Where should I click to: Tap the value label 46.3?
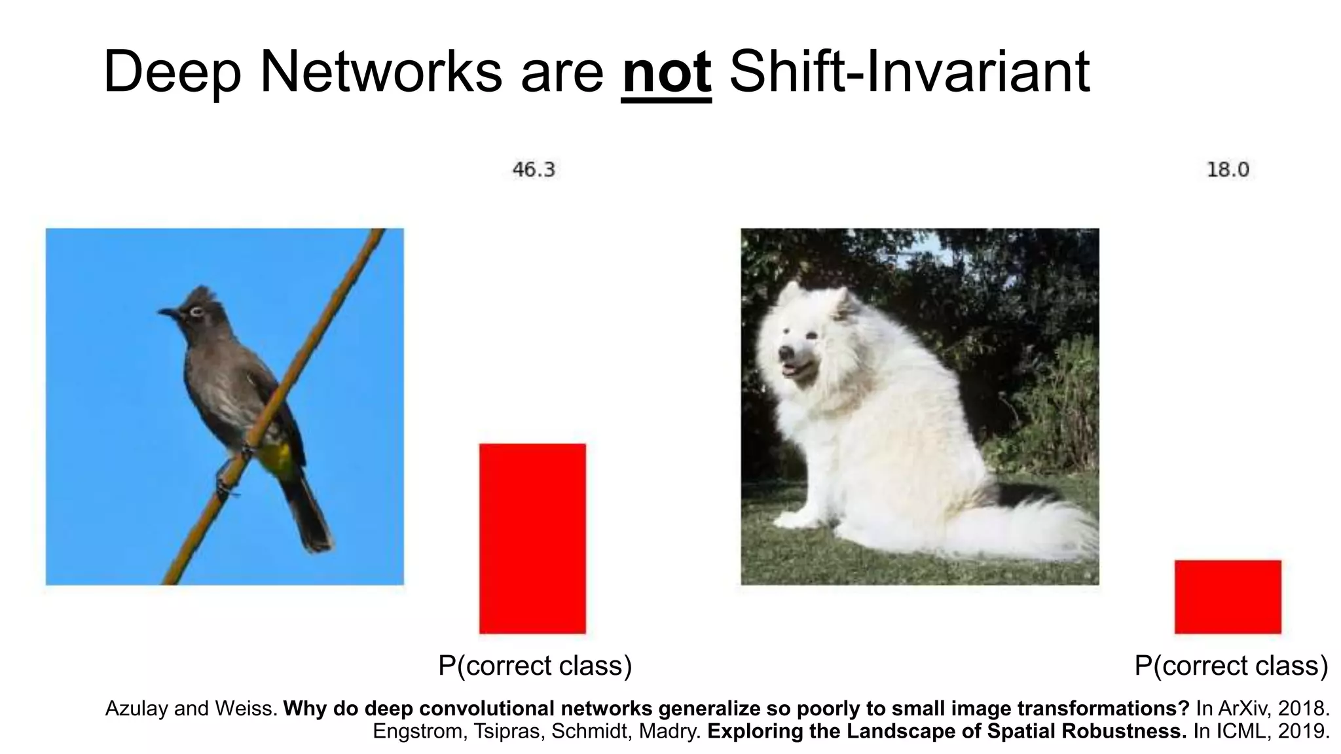533,170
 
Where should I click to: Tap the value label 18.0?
1228,170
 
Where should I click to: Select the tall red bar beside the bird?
532,538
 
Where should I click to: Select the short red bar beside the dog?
1228,596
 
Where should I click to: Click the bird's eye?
195,312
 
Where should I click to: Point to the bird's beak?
166,313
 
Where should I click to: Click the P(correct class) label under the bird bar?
535,666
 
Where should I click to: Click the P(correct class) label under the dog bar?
1231,666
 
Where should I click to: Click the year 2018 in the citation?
1306,708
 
